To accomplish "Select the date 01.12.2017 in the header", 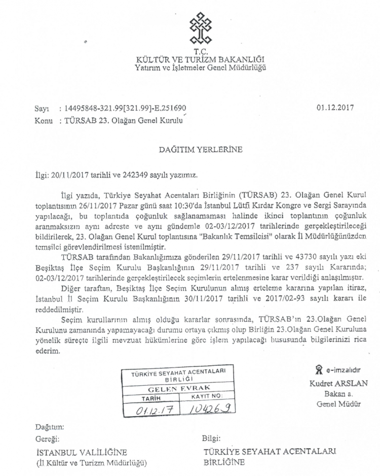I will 334,108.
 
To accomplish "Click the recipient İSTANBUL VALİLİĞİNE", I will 81,453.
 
